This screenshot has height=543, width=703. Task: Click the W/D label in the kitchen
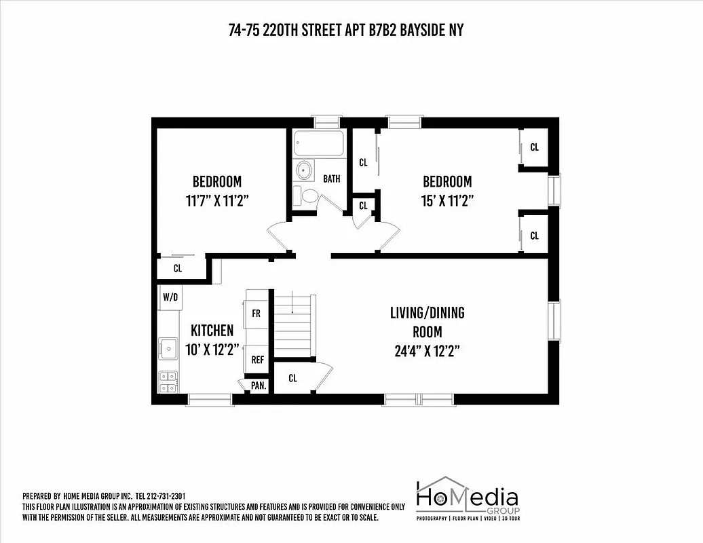169,297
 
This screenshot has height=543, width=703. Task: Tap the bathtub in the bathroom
318,144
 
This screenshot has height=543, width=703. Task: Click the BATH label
331,179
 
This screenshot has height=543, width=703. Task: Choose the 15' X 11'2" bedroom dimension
446,201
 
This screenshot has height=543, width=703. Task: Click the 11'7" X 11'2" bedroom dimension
216,201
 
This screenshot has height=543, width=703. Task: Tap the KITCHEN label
212,331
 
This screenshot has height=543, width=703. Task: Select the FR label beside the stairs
257,314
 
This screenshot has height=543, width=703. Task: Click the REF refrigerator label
257,360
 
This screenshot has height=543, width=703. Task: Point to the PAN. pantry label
259,385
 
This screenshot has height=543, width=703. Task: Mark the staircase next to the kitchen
293,324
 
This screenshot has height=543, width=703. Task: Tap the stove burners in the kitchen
168,381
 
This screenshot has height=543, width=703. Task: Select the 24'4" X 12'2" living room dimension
427,351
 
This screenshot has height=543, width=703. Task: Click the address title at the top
346,31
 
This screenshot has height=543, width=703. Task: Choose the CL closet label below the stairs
292,378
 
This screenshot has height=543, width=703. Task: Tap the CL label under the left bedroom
178,268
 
